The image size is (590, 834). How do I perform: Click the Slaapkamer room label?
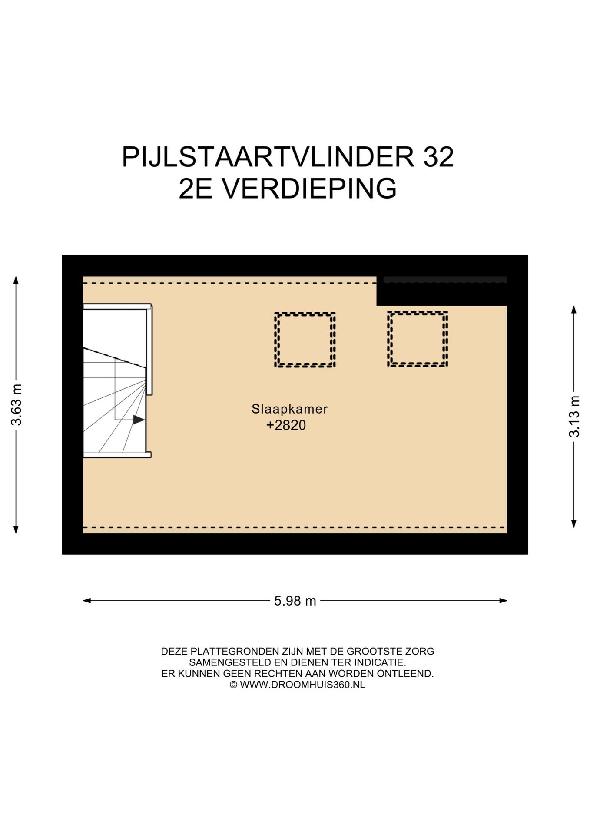[x=289, y=409]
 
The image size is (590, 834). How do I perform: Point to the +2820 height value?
[x=286, y=425]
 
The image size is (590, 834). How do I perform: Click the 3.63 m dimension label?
[x=17, y=404]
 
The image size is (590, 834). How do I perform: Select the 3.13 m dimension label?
[x=574, y=416]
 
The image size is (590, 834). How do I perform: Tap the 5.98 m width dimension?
[x=295, y=601]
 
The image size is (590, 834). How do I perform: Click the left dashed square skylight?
[x=305, y=340]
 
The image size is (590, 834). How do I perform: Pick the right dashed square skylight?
[x=418, y=339]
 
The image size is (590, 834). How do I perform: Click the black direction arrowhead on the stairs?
[x=139, y=420]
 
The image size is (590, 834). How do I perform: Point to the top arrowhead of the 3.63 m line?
[x=16, y=280]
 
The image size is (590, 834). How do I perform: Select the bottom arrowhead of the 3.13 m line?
[x=574, y=524]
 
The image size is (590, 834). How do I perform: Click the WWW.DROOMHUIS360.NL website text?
[x=302, y=685]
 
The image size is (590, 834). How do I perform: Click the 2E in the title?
[x=196, y=189]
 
